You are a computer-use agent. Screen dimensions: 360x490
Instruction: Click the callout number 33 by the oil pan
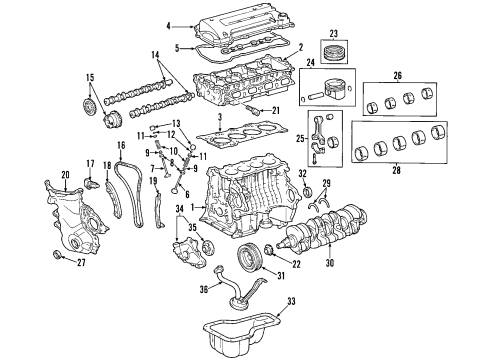pyautogui.click(x=319, y=301)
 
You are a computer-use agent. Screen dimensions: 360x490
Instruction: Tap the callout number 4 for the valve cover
pyautogui.click(x=169, y=25)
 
